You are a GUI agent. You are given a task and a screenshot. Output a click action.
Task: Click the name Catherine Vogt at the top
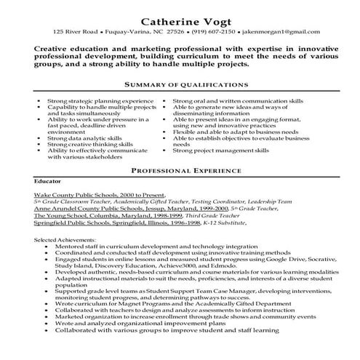180,18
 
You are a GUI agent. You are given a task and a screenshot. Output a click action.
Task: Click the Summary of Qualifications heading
180,85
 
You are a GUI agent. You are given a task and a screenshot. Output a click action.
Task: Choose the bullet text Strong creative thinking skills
90,143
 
